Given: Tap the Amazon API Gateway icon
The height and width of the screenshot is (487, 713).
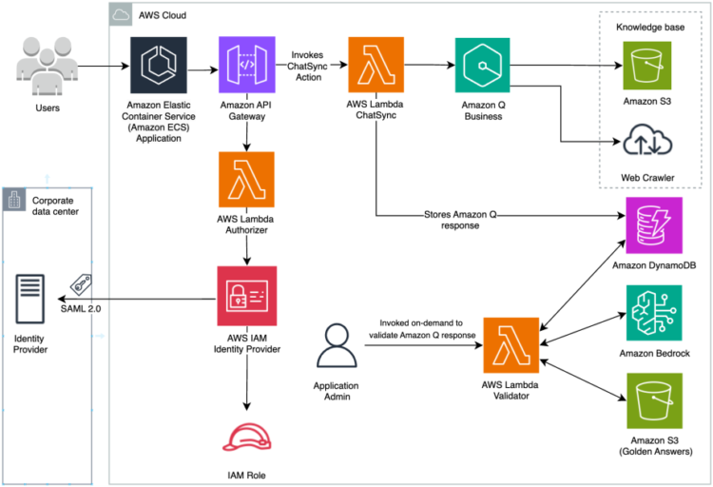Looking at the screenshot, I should coord(247,67).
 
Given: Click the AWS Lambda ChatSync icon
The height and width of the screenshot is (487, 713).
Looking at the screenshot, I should coord(377,67).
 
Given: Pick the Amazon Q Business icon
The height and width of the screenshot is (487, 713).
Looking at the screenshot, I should coord(484,67).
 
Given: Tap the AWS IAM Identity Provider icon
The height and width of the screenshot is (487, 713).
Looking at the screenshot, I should coord(247,296).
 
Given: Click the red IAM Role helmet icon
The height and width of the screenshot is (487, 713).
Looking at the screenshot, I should coord(247,434).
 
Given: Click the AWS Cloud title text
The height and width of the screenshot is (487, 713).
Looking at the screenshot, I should coord(161,15).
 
